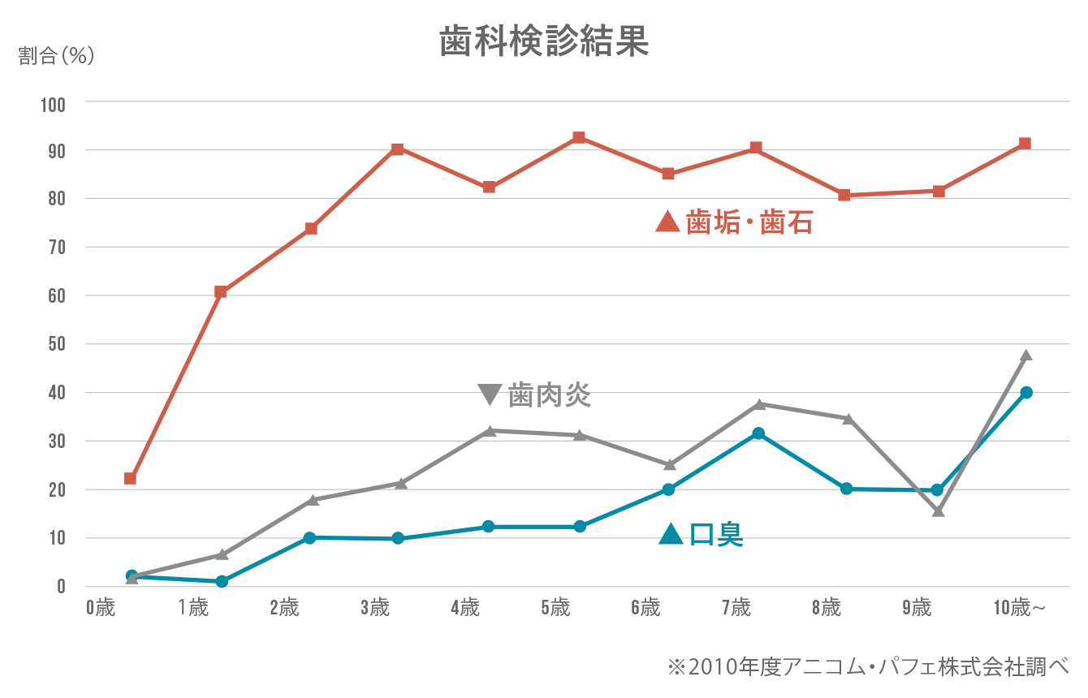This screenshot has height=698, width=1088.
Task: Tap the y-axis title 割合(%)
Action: pyautogui.click(x=56, y=56)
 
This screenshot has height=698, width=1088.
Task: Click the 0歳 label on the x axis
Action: pyautogui.click(x=101, y=607)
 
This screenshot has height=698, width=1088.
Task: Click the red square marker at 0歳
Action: pyautogui.click(x=130, y=479)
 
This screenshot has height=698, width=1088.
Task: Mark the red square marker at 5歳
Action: pyautogui.click(x=579, y=137)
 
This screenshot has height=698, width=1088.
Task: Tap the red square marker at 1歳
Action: pyautogui.click(x=221, y=292)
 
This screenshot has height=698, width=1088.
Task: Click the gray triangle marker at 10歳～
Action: pyautogui.click(x=1025, y=355)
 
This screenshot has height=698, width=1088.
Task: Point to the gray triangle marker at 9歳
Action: pyautogui.click(x=939, y=511)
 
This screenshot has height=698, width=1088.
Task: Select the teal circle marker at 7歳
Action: pyautogui.click(x=758, y=433)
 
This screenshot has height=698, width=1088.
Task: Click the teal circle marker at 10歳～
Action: pyautogui.click(x=1026, y=393)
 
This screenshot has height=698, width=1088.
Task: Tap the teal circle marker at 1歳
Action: pyautogui.click(x=222, y=581)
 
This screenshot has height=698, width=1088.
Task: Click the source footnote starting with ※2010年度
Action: pyautogui.click(x=868, y=667)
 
